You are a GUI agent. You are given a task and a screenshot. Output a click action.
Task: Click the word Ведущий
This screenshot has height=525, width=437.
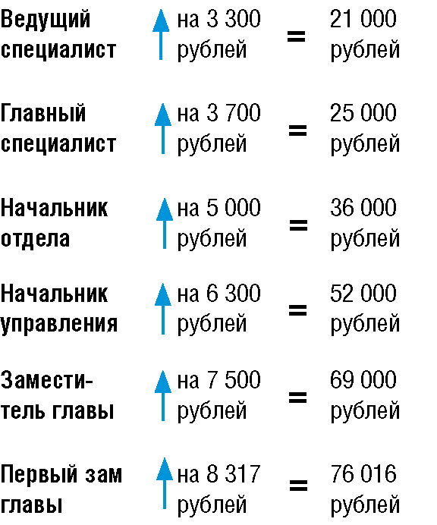pyautogui.click(x=46, y=20)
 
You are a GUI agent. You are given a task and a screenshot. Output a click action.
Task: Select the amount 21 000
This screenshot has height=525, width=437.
pyautogui.click(x=363, y=19)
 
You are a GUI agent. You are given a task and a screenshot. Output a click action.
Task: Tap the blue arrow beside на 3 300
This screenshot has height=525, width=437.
pyautogui.click(x=161, y=34)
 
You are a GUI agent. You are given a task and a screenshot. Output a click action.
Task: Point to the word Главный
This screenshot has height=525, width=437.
pyautogui.click(x=43, y=113)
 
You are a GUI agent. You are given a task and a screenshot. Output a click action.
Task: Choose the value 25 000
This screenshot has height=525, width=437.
pyautogui.click(x=363, y=113)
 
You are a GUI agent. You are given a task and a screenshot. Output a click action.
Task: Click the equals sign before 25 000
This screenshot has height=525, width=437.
pyautogui.click(x=297, y=130)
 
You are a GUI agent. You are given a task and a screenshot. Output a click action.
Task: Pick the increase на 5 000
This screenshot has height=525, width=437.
pyautogui.click(x=218, y=208)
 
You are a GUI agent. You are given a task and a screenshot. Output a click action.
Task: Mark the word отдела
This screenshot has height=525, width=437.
pyautogui.click(x=35, y=239)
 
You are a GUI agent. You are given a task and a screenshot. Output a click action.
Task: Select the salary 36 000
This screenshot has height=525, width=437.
pyautogui.click(x=363, y=208)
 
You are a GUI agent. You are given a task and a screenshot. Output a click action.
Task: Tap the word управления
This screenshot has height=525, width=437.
pyautogui.click(x=59, y=324)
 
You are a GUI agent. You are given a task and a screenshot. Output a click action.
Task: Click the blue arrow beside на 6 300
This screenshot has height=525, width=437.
pyautogui.click(x=163, y=308)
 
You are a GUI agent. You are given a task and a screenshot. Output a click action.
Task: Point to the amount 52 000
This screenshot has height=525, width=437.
pyautogui.click(x=363, y=294)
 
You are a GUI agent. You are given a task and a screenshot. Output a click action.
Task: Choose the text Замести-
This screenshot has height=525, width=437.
pyautogui.click(x=46, y=380)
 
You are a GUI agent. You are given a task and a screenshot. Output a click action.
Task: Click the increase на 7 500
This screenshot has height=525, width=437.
pyautogui.click(x=218, y=380)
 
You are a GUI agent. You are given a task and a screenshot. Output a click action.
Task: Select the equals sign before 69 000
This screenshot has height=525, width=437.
pyautogui.click(x=297, y=398)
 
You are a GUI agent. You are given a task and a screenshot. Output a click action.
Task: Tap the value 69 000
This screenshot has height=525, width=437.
pyautogui.click(x=363, y=380)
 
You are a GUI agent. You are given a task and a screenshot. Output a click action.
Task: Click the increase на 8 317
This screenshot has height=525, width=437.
pyautogui.click(x=218, y=474)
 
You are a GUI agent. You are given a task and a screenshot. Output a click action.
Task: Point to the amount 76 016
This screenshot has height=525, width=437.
pyautogui.click(x=363, y=474)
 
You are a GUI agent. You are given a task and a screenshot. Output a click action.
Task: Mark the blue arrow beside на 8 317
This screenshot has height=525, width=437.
pyautogui.click(x=165, y=483)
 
